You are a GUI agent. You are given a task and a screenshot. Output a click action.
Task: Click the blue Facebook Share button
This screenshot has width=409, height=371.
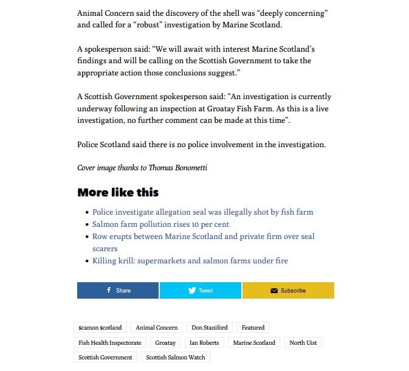tap(118, 291)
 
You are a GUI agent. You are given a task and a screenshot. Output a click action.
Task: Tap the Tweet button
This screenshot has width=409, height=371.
tap(201, 291)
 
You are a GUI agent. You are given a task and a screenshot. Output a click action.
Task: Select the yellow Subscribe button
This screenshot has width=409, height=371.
tap(288, 291)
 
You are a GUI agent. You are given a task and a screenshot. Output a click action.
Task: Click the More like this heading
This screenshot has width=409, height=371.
tap(118, 193)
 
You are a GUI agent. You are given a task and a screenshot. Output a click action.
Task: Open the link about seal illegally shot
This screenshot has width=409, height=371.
tap(202, 212)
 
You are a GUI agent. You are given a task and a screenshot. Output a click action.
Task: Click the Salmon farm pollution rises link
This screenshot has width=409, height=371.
tap(160, 224)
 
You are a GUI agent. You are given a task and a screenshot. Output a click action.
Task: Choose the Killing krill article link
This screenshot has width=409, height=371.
tap(190, 261)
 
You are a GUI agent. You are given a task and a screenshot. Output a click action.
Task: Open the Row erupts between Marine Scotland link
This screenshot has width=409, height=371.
tap(203, 237)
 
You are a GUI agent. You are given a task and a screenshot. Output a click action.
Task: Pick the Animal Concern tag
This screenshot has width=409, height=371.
tap(157, 327)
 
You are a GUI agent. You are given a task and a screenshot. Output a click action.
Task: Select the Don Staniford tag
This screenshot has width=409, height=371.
tap(209, 327)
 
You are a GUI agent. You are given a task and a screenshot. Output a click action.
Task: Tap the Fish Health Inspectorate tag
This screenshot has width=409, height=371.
tap(110, 342)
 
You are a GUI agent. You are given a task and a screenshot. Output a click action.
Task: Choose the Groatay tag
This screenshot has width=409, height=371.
tap(165, 342)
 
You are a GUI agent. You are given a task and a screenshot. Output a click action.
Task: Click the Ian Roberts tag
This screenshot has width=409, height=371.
tap(204, 342)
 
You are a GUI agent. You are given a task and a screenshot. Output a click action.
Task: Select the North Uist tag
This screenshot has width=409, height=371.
tap(303, 342)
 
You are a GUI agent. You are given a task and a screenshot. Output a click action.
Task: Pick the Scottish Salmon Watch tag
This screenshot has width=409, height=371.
tap(176, 358)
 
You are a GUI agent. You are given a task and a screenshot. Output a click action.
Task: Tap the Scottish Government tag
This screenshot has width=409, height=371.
tap(105, 358)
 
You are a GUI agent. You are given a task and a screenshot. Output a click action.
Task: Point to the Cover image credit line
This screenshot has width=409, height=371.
tap(142, 168)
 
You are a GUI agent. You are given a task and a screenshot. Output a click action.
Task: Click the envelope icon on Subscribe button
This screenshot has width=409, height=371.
tap(274, 291)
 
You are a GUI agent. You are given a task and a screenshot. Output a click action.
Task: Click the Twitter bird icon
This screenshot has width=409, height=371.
tap(192, 291)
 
